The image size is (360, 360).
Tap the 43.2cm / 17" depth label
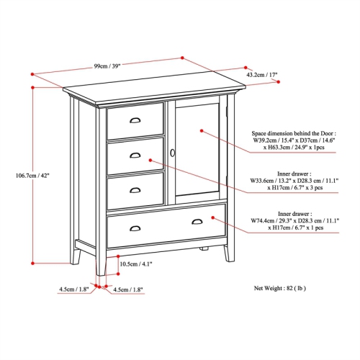tap(262, 74)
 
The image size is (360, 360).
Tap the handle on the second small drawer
tap(135, 155)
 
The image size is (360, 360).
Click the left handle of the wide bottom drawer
tap(135, 229)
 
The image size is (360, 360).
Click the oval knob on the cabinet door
tap(173, 153)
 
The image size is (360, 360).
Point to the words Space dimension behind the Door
tap(292, 133)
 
